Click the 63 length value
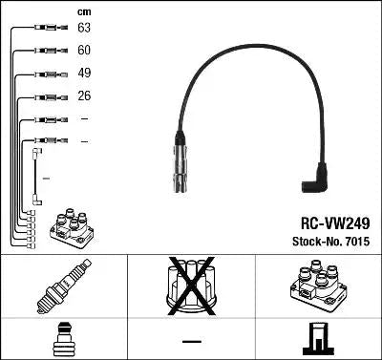tap(84, 29)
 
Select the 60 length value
tap(84, 51)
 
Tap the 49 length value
tap(84, 74)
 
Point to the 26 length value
tap(84, 96)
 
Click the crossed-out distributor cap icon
tap(190, 286)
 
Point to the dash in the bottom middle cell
tap(191, 341)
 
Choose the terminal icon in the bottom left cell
tap(63, 340)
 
